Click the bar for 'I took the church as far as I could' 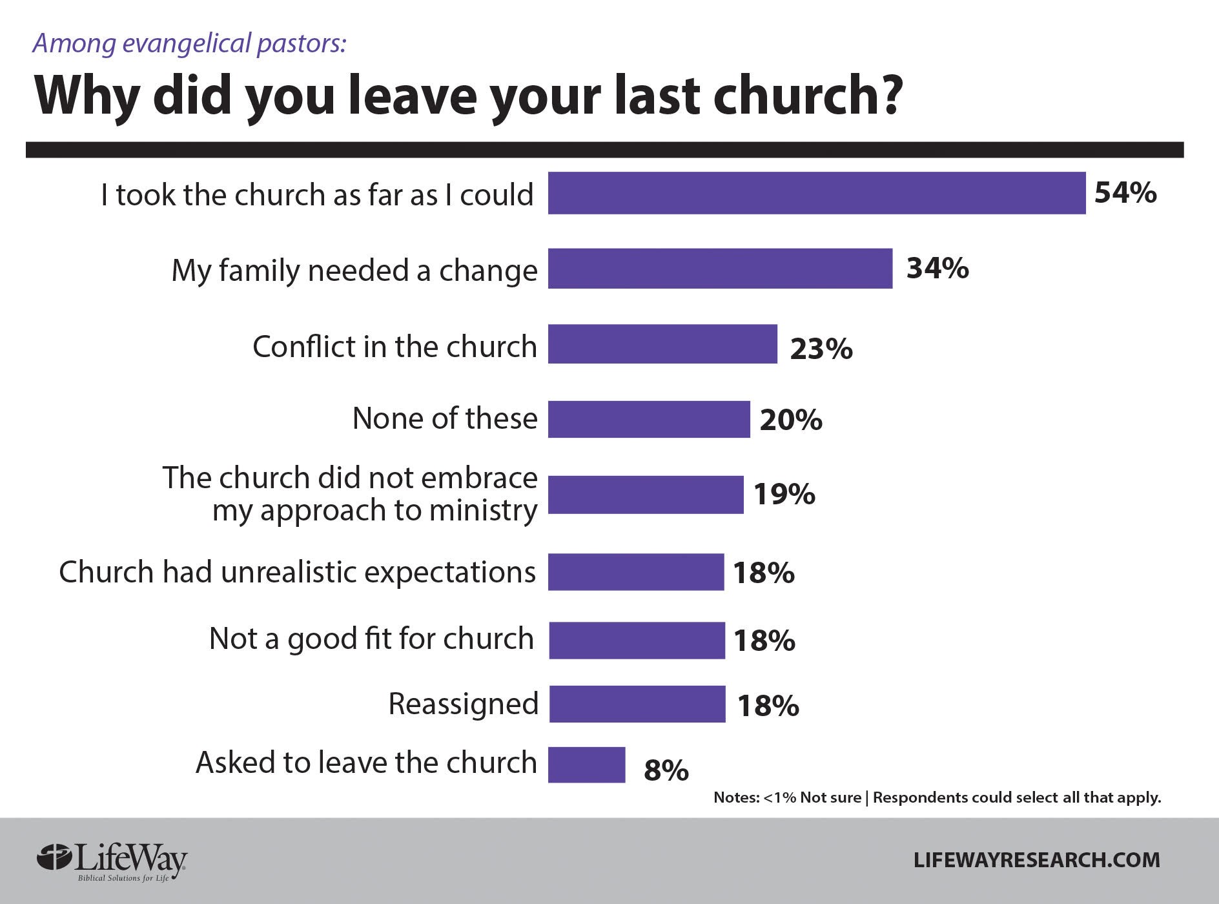point(817,193)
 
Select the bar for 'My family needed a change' point(720,269)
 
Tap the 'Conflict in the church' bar point(662,344)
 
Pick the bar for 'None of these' point(649,419)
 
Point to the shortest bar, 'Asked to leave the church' point(586,765)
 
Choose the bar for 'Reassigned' point(637,704)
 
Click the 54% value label point(1125,193)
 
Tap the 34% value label point(937,268)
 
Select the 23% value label point(821,349)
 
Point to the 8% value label point(666,770)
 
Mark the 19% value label point(784,495)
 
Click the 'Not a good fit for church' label point(371,639)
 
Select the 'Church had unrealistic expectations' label point(297,572)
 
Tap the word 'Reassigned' point(463,704)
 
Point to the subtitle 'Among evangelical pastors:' point(190,43)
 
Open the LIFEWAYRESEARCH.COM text point(1037,860)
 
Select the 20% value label point(791,420)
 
